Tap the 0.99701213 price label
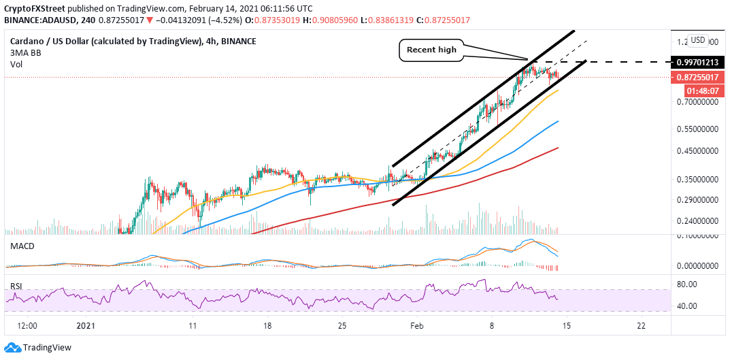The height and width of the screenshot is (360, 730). pyautogui.click(x=697, y=62)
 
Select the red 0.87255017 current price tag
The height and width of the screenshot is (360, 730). pyautogui.click(x=697, y=78)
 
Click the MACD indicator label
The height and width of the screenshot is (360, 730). pyautogui.click(x=22, y=246)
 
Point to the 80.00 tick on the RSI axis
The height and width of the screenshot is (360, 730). pyautogui.click(x=688, y=284)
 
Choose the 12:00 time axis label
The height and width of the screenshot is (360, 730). pyautogui.click(x=27, y=326)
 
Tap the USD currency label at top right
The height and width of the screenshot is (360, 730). pyautogui.click(x=697, y=39)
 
